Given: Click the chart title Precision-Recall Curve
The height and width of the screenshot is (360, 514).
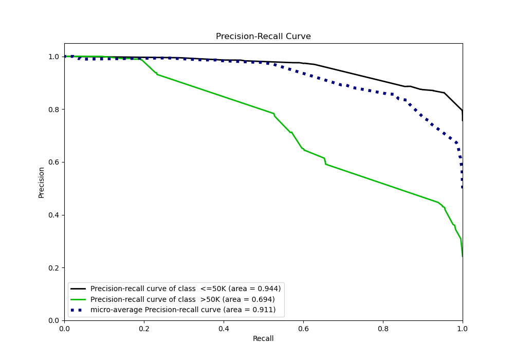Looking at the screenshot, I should (x=263, y=37).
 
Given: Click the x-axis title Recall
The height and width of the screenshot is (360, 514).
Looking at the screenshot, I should (x=263, y=338).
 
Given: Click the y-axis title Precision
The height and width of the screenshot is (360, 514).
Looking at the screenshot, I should (x=42, y=182).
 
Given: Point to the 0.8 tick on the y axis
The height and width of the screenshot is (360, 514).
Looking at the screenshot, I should (x=53, y=110).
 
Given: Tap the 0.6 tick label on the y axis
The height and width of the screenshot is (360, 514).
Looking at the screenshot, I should (x=53, y=162).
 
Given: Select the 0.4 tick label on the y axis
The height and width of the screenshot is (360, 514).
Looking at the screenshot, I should (x=53, y=215).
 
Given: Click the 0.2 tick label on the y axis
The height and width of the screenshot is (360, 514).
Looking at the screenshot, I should (x=53, y=268).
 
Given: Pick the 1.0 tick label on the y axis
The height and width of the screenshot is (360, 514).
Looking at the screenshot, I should (x=53, y=57).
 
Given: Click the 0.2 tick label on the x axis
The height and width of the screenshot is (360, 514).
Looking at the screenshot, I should (x=144, y=328).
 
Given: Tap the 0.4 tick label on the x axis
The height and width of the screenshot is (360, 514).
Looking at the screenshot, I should (x=224, y=328).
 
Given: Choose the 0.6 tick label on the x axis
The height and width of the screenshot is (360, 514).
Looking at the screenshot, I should (x=303, y=328).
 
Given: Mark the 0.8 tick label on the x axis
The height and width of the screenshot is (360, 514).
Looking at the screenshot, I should (x=383, y=328).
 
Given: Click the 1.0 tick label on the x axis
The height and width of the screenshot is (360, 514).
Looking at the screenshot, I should (x=462, y=328).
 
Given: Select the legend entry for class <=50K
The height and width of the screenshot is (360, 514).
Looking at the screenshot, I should (x=186, y=289).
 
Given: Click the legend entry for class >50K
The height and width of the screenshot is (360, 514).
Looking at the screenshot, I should (x=182, y=299).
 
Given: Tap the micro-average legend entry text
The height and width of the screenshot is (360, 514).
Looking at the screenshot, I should (x=183, y=310).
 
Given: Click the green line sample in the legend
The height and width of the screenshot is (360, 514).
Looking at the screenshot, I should (x=79, y=299).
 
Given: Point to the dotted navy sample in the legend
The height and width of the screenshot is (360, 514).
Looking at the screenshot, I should (x=79, y=310).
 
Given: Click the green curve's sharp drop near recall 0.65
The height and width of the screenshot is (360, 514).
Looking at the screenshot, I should (x=325, y=161).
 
